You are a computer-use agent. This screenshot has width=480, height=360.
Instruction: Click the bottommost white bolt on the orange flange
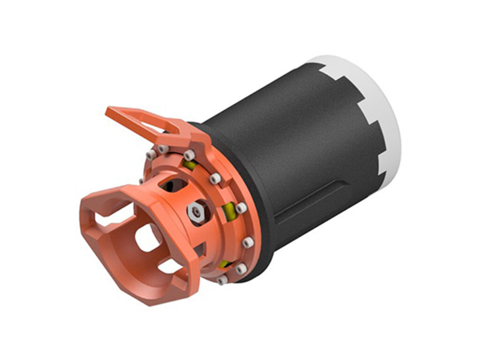click(222, 280)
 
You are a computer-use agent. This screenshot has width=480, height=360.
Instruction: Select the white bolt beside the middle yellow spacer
click(241, 208)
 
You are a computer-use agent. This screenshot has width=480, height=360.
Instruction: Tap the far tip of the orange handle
click(110, 112)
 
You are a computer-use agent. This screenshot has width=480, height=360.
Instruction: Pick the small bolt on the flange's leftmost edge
click(142, 181)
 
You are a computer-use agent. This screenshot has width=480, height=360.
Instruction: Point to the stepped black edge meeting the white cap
click(370, 122)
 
